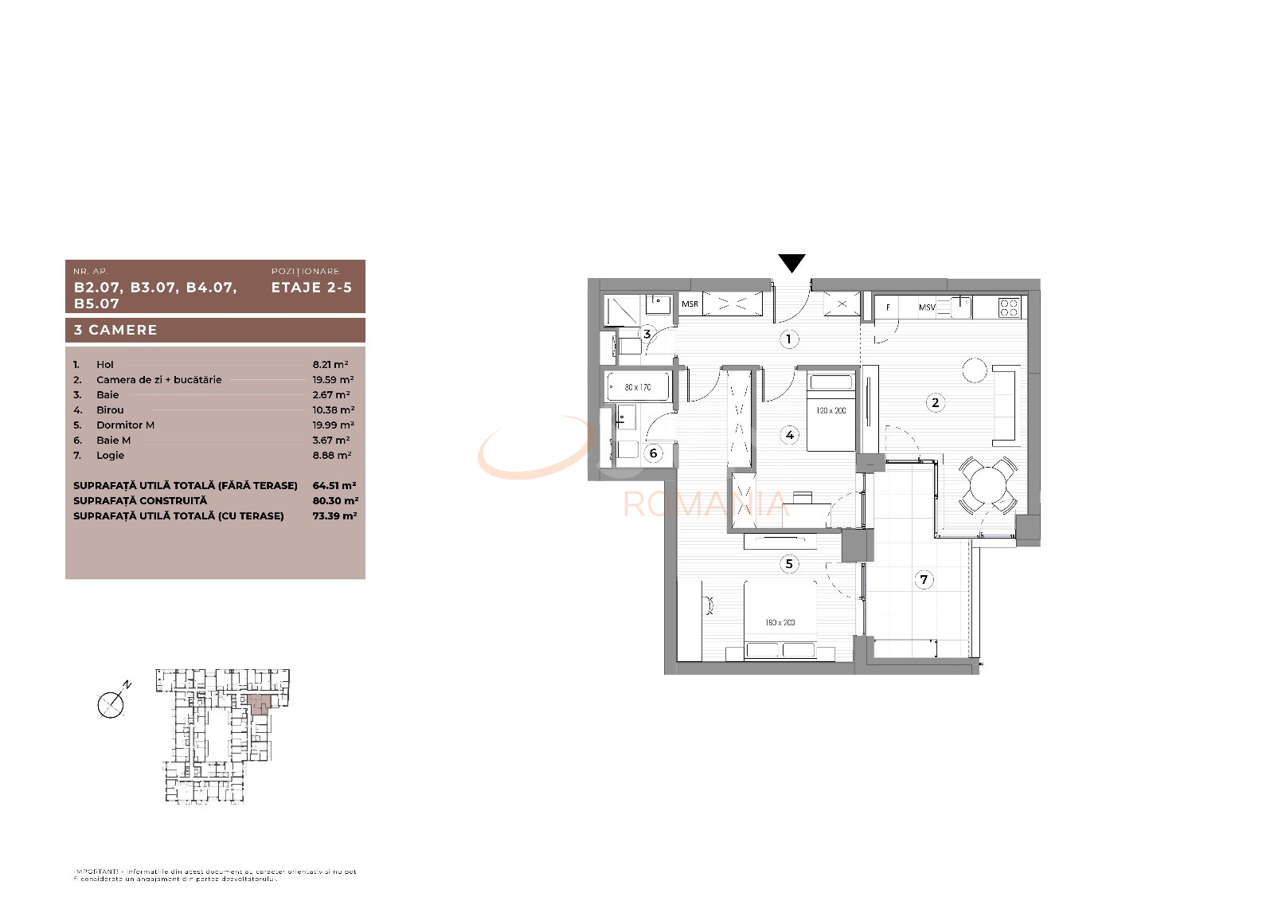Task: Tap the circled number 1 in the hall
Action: point(788,339)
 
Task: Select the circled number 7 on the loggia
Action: point(924,579)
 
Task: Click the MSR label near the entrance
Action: point(690,304)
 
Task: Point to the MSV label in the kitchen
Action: point(927,307)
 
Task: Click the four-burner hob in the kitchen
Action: point(1009,307)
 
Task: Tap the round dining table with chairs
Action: point(987,484)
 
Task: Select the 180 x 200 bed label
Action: point(780,622)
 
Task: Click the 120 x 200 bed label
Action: point(830,411)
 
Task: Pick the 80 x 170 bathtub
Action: point(637,388)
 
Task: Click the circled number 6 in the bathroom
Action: point(653,453)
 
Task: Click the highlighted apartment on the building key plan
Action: point(259,703)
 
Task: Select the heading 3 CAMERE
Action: point(115,330)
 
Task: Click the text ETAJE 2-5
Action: point(311,288)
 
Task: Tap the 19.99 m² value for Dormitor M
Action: point(333,425)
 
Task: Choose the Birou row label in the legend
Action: point(110,410)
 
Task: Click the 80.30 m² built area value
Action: point(334,501)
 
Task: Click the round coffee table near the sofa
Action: point(975,370)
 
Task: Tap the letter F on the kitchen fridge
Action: point(888,307)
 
